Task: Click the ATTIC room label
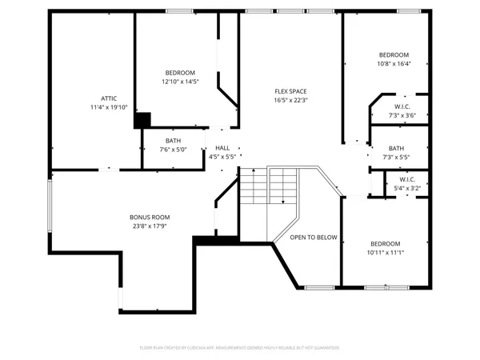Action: tap(110, 98)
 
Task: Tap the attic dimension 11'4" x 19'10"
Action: tap(110, 106)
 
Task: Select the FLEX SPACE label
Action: tap(290, 91)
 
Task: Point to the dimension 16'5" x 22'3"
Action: tap(290, 100)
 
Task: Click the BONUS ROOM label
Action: tap(150, 217)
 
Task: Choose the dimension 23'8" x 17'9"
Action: tap(150, 226)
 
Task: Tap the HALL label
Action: tap(222, 148)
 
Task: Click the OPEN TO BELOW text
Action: tap(314, 238)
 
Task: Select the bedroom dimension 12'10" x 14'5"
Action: tap(180, 82)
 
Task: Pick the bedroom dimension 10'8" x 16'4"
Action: tap(394, 63)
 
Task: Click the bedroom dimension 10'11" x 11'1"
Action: tap(385, 253)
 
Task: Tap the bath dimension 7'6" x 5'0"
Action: tap(174, 150)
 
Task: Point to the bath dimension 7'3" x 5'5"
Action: tap(397, 158)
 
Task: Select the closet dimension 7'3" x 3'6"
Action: tap(402, 115)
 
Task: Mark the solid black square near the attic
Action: tap(142, 120)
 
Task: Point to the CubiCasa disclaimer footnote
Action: tap(240, 348)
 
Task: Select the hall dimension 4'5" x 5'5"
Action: tap(222, 157)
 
